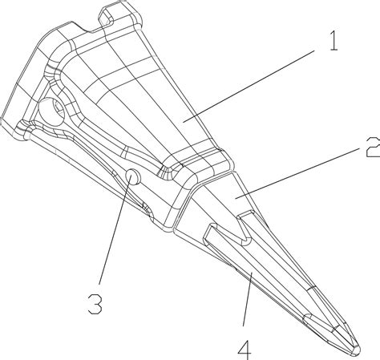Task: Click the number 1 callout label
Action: coord(334,41)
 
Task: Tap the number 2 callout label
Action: coord(374,147)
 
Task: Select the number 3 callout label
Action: coord(95,304)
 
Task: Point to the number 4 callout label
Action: coord(245,350)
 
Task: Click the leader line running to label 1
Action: coord(249,86)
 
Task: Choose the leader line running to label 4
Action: coord(248,300)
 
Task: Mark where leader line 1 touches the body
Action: coord(184,122)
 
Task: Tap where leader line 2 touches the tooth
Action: coord(236,198)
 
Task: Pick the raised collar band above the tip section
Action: coord(199,166)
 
